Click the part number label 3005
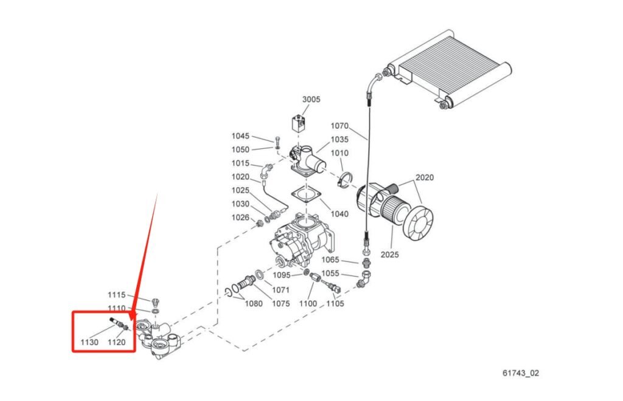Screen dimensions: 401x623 311,100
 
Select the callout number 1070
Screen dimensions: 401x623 339,126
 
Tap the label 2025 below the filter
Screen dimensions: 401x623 389,255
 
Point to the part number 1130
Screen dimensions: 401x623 89,343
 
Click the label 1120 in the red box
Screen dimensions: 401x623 117,343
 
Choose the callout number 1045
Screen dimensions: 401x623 240,136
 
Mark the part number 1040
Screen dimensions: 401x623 339,214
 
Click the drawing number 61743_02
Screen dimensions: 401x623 521,372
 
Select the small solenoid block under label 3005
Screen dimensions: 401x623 298,123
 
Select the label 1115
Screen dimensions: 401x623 117,295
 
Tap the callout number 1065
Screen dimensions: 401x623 330,260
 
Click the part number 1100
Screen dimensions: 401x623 308,304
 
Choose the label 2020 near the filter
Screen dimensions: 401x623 425,178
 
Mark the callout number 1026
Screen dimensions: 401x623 240,218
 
